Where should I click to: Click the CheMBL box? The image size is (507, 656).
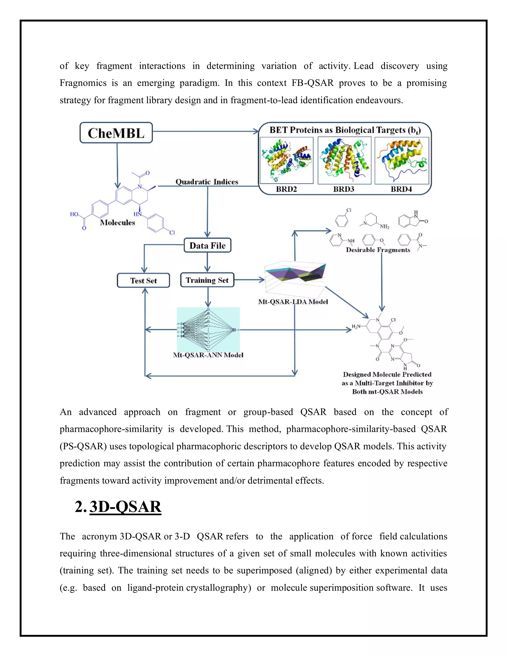(116, 133)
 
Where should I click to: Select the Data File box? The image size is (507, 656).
(207, 245)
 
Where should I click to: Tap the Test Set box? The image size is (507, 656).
(143, 280)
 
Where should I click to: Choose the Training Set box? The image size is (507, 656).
(207, 280)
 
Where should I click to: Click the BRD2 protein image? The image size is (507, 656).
(286, 160)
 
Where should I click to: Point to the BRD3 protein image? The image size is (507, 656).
(344, 160)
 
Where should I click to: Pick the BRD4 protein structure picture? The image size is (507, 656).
(402, 160)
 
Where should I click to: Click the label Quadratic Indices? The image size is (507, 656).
(207, 182)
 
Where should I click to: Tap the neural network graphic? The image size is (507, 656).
(208, 329)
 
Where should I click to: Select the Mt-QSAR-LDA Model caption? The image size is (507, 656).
(293, 302)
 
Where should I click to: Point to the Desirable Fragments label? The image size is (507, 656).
(378, 250)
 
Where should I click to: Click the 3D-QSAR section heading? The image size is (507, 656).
(125, 507)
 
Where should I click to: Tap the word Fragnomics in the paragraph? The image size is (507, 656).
(83, 83)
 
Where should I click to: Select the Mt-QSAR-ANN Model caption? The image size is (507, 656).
(208, 355)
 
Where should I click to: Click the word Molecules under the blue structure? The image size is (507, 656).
(117, 223)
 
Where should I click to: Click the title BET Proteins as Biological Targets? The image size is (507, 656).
(345, 130)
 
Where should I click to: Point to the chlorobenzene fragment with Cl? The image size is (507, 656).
(342, 220)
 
